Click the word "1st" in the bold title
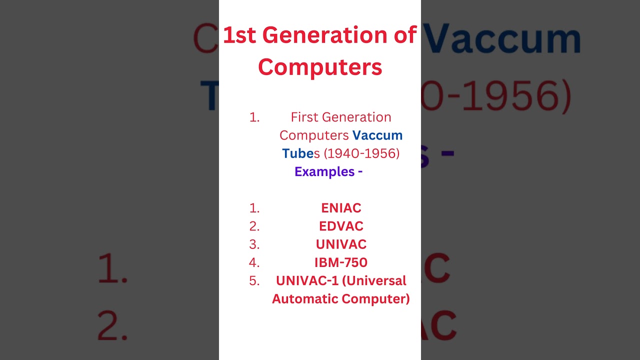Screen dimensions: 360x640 click(x=239, y=35)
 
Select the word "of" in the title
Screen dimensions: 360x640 click(x=404, y=35)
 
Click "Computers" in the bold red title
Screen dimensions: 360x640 click(x=320, y=67)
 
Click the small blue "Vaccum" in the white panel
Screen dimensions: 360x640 click(x=377, y=135)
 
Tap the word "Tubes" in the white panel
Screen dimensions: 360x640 click(x=301, y=153)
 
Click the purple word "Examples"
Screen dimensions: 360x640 click(x=324, y=172)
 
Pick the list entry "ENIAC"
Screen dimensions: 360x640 click(x=341, y=208)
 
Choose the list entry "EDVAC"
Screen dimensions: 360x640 click(x=341, y=226)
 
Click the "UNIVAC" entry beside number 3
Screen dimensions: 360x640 click(x=341, y=244)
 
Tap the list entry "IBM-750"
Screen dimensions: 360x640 click(x=341, y=262)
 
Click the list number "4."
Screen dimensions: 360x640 click(x=254, y=262)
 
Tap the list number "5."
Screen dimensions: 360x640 click(x=254, y=281)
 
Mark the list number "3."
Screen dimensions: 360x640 click(x=254, y=244)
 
